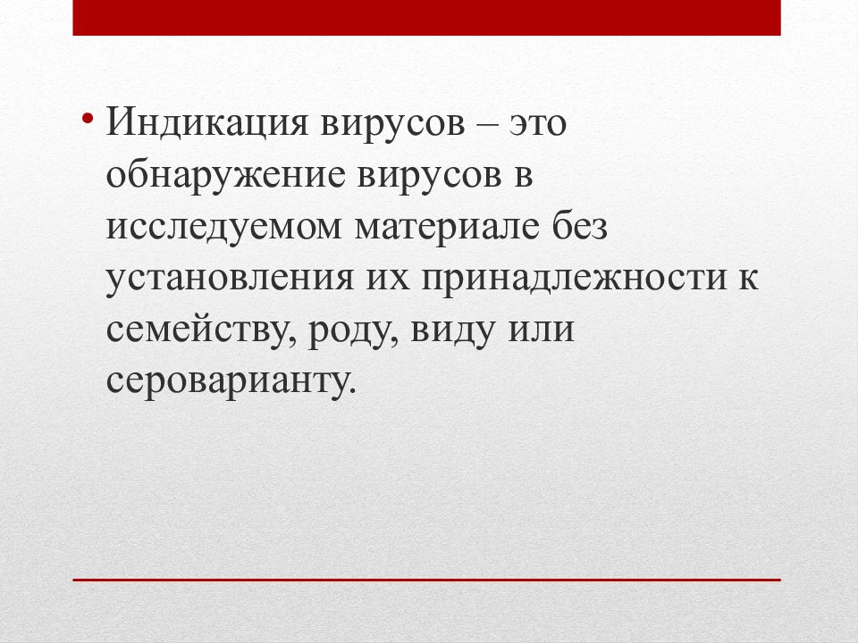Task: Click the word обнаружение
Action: pyautogui.click(x=226, y=176)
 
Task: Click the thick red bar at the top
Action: pyautogui.click(x=426, y=18)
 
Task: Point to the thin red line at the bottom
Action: pyautogui.click(x=426, y=580)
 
